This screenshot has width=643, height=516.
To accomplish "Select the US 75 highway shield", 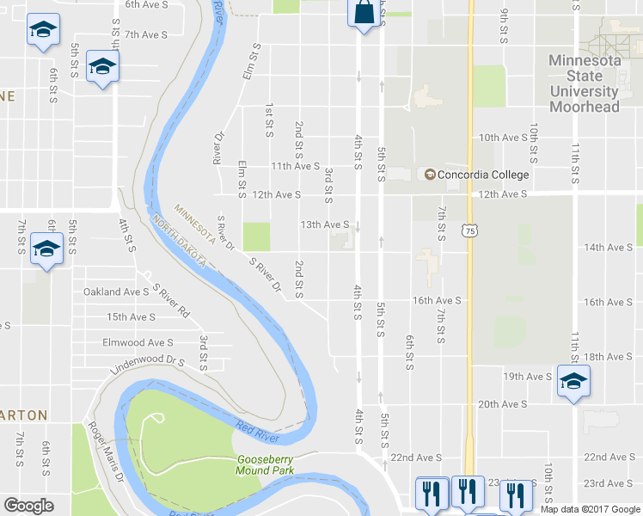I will [468, 230].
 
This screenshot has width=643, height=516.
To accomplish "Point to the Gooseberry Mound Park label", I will [266, 465].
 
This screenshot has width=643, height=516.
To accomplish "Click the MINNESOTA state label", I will [194, 221].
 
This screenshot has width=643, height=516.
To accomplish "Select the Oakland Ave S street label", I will [116, 292].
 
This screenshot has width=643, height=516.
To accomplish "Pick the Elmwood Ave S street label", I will [138, 342].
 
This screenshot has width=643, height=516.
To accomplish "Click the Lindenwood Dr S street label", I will [147, 365].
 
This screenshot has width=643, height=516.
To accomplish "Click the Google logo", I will [29, 506].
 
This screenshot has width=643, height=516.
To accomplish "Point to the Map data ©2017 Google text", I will [590, 509].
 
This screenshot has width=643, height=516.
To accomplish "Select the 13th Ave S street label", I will [323, 225].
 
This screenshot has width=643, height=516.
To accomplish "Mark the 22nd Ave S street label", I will [416, 458].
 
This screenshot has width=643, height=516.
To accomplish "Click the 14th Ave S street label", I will [608, 248].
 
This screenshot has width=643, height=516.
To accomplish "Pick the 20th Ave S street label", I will [501, 404].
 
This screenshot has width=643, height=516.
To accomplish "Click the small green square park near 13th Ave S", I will [256, 236].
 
